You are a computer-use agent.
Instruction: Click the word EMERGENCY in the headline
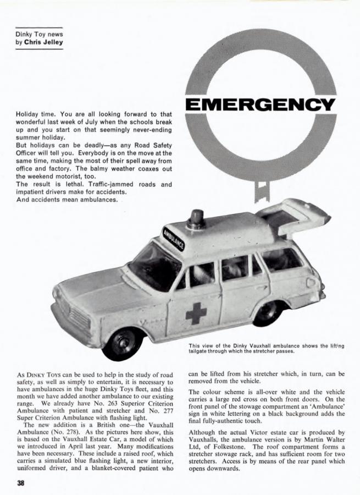pos(261,104)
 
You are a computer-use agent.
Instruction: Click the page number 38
pos(20,483)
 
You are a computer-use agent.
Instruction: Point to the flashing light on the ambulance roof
pos(195,219)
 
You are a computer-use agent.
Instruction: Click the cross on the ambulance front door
pos(195,312)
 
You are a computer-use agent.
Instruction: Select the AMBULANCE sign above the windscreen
pos(174,238)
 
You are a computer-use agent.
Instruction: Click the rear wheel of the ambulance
pos(268,313)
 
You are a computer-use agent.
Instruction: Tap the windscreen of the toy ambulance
pos(154,265)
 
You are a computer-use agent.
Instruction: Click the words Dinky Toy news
pos(39,34)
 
